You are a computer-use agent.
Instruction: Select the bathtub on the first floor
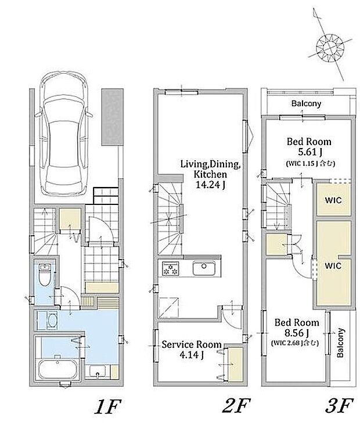click(x=57, y=369)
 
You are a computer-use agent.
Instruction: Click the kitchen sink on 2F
click(x=204, y=268)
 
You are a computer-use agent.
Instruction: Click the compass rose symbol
click(x=330, y=48)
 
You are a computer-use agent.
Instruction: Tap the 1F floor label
click(x=107, y=406)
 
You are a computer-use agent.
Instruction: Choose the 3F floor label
click(x=340, y=406)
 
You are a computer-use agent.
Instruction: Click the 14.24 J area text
click(x=211, y=185)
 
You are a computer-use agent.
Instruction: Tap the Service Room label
click(x=192, y=344)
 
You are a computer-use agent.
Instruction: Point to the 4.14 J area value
click(x=192, y=355)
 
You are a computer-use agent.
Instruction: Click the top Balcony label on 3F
click(x=307, y=103)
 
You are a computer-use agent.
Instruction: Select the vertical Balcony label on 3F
click(x=340, y=343)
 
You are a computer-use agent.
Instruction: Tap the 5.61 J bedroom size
click(x=310, y=152)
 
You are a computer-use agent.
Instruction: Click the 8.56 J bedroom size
click(x=297, y=333)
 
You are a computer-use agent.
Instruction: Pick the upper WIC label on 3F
click(x=333, y=200)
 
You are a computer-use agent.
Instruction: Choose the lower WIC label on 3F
click(x=333, y=266)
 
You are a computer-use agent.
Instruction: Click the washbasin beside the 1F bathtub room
click(x=98, y=372)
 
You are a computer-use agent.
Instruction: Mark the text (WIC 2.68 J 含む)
click(x=295, y=343)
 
